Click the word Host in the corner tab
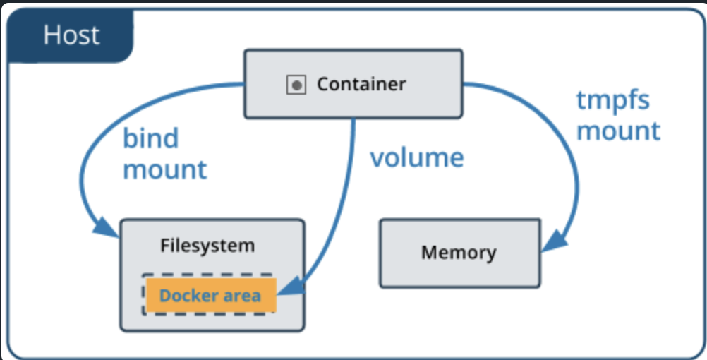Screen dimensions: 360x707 point(71,35)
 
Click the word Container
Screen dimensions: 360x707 point(361,85)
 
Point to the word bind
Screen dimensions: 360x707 point(151,138)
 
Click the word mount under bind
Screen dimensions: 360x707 point(165,169)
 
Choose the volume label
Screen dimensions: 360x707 point(417,157)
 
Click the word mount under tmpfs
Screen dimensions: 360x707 point(618,131)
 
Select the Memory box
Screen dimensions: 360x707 point(459,252)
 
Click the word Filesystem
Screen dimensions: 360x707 point(207,246)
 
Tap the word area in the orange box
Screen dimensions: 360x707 point(242,295)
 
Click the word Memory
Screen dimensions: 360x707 point(459,252)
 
